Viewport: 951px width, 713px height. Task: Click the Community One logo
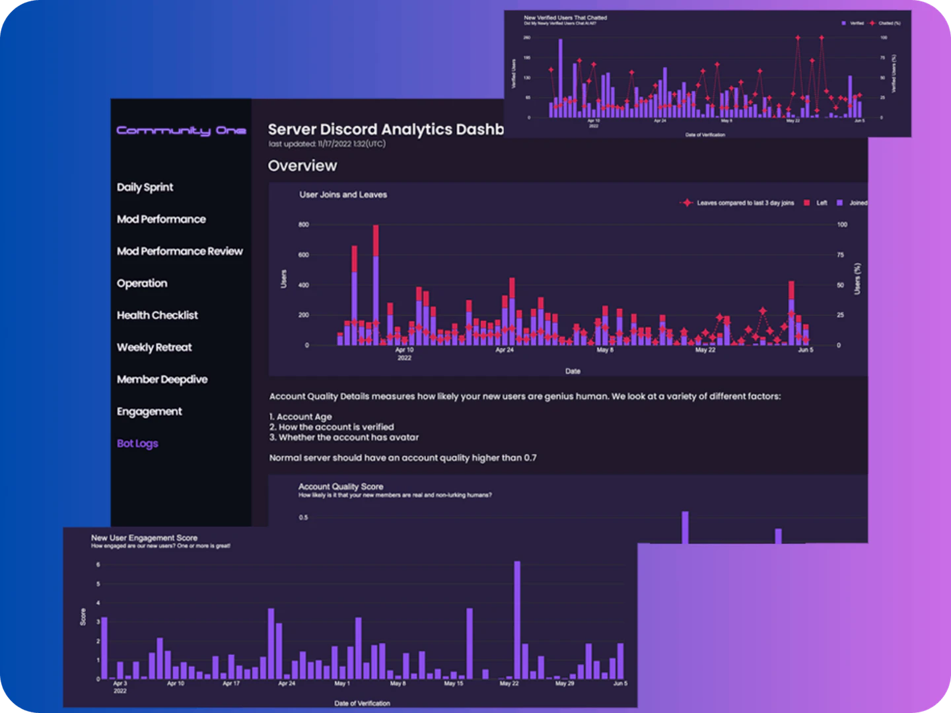(181, 131)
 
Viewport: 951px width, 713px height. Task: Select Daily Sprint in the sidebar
(145, 187)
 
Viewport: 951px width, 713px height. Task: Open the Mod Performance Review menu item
(180, 252)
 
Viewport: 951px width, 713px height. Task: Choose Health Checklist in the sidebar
(157, 316)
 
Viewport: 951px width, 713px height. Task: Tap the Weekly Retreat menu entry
(154, 347)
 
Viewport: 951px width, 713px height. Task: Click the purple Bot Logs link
(137, 444)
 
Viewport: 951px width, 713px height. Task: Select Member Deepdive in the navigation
(162, 380)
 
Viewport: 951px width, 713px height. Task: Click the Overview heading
(302, 166)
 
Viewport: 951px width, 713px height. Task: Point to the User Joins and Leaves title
(343, 195)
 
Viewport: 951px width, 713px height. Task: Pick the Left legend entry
(816, 203)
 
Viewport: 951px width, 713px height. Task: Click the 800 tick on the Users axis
(303, 225)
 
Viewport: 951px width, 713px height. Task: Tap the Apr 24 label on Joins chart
(504, 350)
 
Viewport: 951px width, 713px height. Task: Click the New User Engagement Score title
(144, 538)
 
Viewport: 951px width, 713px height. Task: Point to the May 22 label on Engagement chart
(509, 683)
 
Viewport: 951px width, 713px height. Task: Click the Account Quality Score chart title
(340, 487)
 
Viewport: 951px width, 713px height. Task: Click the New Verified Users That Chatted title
(565, 18)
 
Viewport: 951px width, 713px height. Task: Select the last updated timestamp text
(327, 144)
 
